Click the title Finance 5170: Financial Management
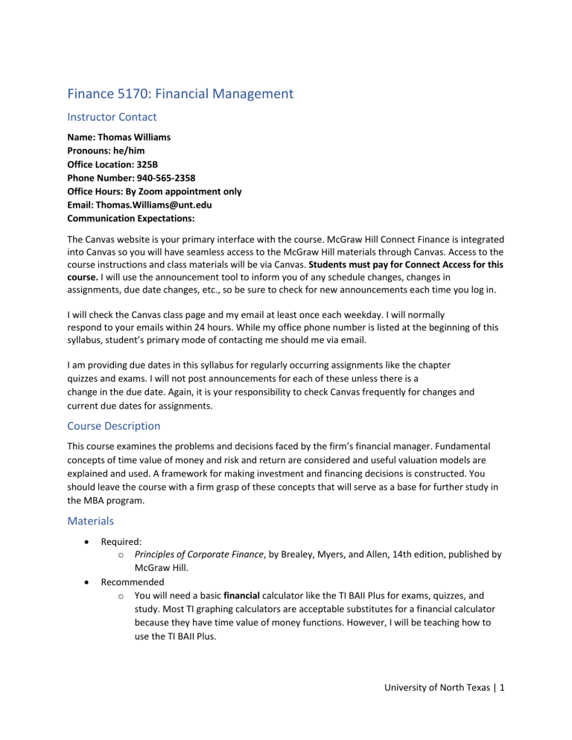coord(180,94)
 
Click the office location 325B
coord(149,165)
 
